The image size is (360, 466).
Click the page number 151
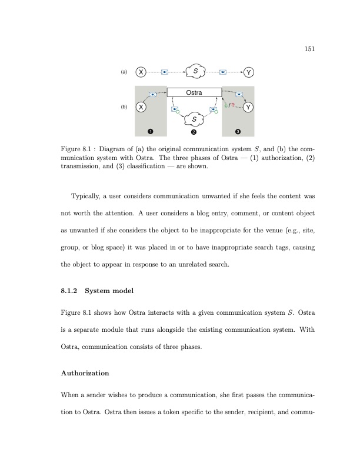tap(310, 49)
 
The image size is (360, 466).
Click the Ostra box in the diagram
tap(194, 92)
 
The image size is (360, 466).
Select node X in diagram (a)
tap(141, 72)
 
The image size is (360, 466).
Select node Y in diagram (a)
tap(249, 72)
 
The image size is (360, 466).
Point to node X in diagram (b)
tap(141, 108)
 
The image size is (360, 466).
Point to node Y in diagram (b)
tap(249, 108)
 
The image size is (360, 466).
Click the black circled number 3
tap(238, 131)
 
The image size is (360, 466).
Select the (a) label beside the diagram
tap(124, 72)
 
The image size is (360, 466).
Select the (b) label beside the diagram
tap(124, 108)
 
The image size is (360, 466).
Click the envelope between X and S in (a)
tap(165, 72)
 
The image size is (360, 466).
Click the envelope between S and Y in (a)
tap(224, 72)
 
